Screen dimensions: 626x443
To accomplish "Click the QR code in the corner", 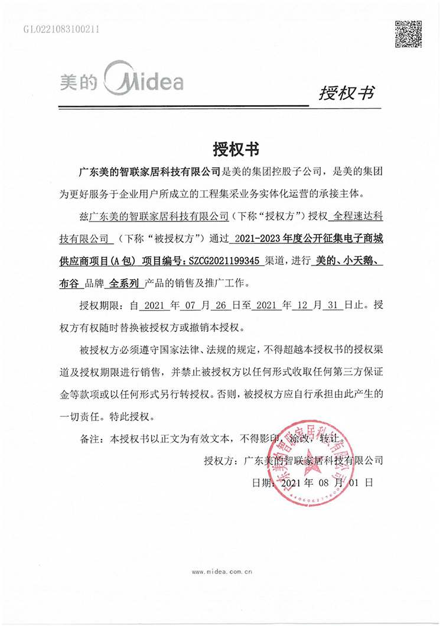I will pos(408,34).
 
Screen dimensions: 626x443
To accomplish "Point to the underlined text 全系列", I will pos(125,282).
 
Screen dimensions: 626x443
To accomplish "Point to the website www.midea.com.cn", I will pos(222,572).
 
